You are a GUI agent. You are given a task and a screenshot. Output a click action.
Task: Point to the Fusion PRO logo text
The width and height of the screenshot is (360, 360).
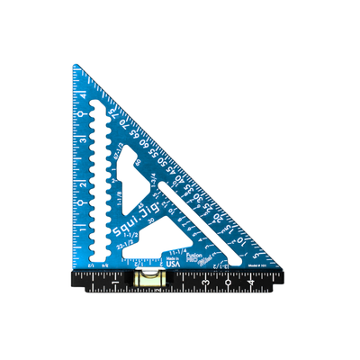[193, 256]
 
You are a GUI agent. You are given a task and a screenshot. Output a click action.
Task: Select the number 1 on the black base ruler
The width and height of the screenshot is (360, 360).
[117, 286]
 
